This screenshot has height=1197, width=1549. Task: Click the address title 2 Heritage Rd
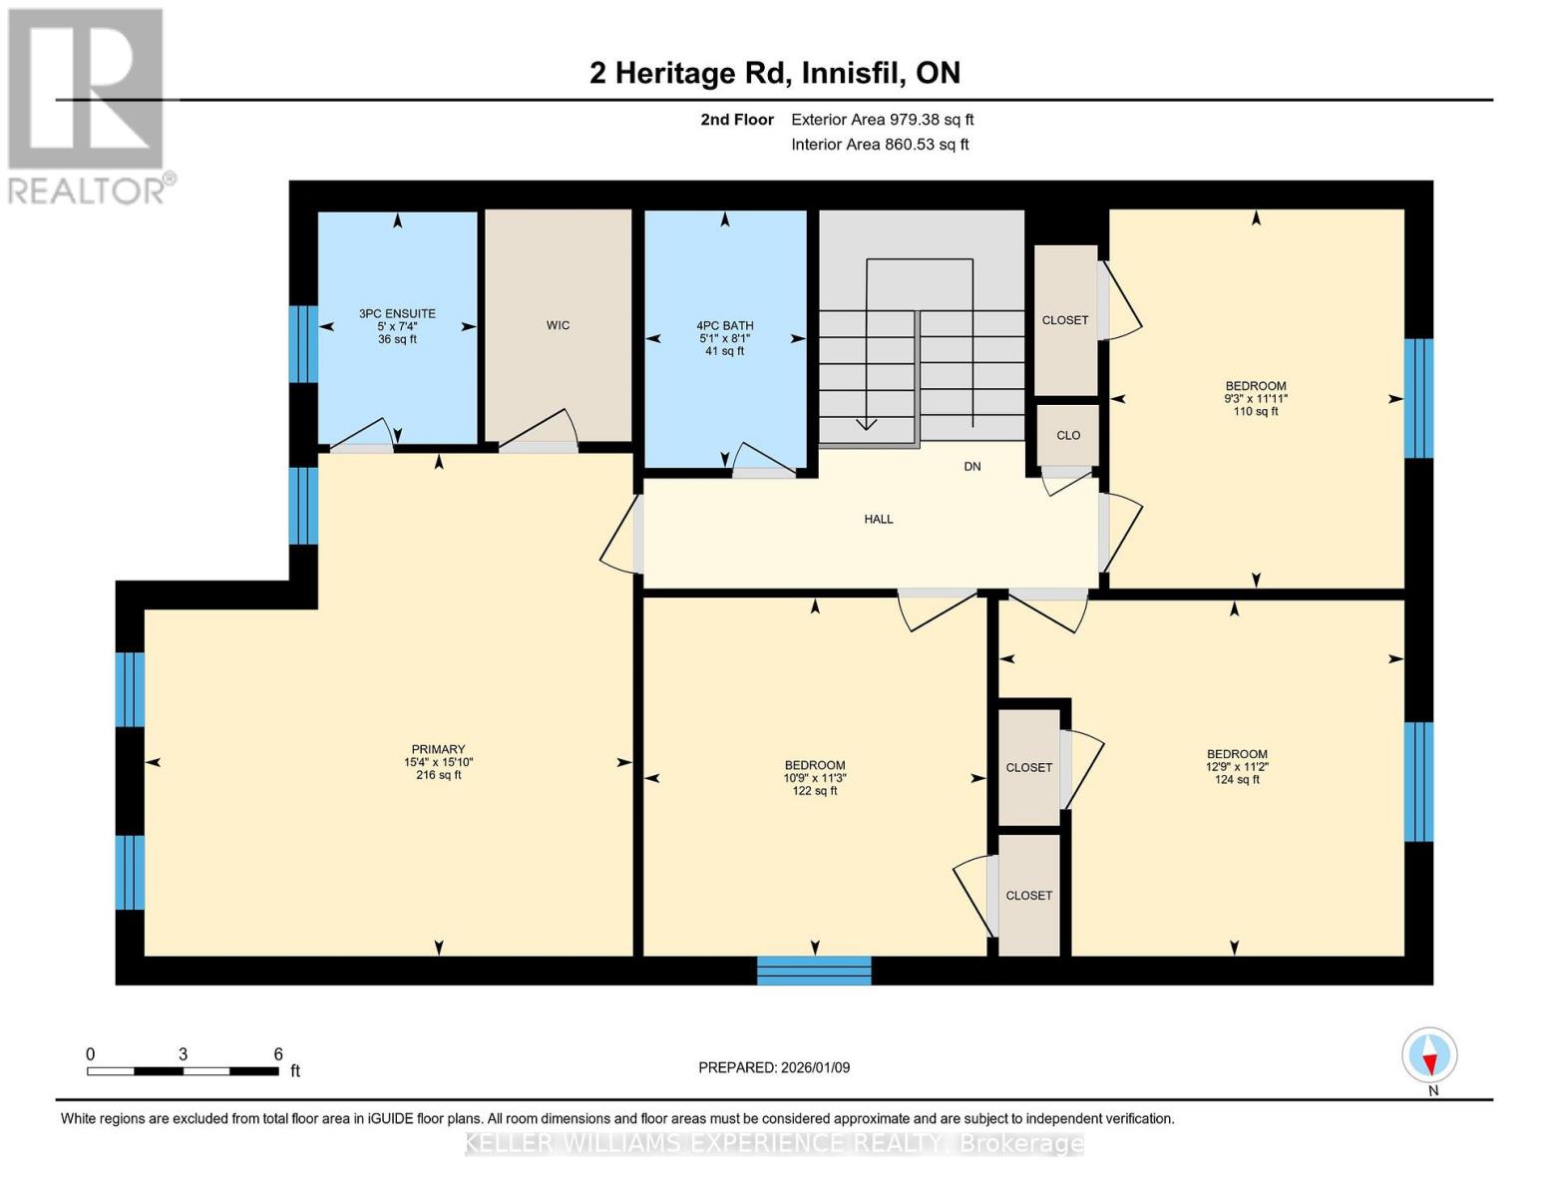click(774, 73)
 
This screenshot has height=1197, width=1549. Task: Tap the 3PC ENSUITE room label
click(397, 313)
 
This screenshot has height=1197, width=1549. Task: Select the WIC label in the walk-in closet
click(558, 325)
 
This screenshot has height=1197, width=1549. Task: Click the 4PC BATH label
click(724, 325)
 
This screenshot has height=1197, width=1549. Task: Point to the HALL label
click(878, 519)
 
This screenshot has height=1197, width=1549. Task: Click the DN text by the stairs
click(971, 467)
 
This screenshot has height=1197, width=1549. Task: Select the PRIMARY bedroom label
click(438, 749)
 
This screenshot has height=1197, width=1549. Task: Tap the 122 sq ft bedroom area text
click(814, 791)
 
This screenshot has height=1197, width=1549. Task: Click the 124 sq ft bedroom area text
click(1237, 780)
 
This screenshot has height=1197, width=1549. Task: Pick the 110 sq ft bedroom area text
click(1255, 411)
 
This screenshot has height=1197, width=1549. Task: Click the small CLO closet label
click(1068, 435)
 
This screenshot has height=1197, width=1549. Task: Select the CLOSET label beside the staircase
click(1064, 320)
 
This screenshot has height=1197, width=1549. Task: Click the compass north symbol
click(1429, 1055)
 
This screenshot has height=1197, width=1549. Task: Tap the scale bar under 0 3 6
click(183, 1071)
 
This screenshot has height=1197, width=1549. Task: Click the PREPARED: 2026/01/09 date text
click(774, 1067)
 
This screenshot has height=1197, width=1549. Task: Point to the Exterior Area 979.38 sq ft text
click(882, 120)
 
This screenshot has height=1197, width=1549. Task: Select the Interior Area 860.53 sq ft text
click(880, 145)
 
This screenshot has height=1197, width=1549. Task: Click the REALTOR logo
click(88, 105)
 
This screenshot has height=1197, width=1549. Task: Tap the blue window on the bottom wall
click(814, 970)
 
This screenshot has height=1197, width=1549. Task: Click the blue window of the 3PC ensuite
click(303, 344)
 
